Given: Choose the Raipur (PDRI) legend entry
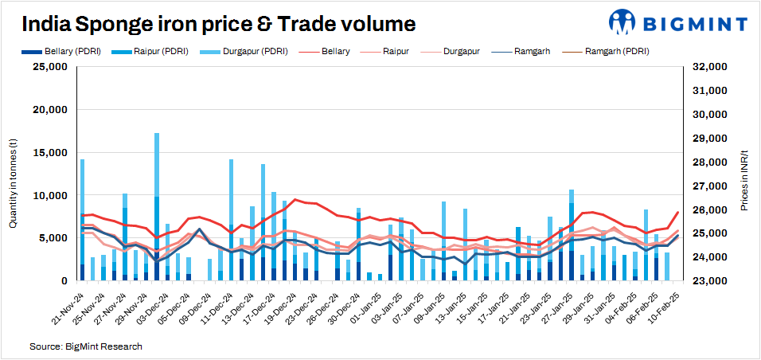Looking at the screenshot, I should pyautogui.click(x=150, y=51).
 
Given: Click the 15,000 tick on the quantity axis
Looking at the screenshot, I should pyautogui.click(x=49, y=153).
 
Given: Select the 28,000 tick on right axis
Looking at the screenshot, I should pyautogui.click(x=704, y=162).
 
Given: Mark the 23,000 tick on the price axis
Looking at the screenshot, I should pyautogui.click(x=704, y=282).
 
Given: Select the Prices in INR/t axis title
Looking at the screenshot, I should pyautogui.click(x=745, y=179).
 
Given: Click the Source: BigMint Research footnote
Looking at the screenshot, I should pyautogui.click(x=86, y=347).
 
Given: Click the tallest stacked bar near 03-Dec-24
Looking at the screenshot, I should pyautogui.click(x=157, y=207).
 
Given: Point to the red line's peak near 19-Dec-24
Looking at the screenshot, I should pyautogui.click(x=295, y=200).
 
